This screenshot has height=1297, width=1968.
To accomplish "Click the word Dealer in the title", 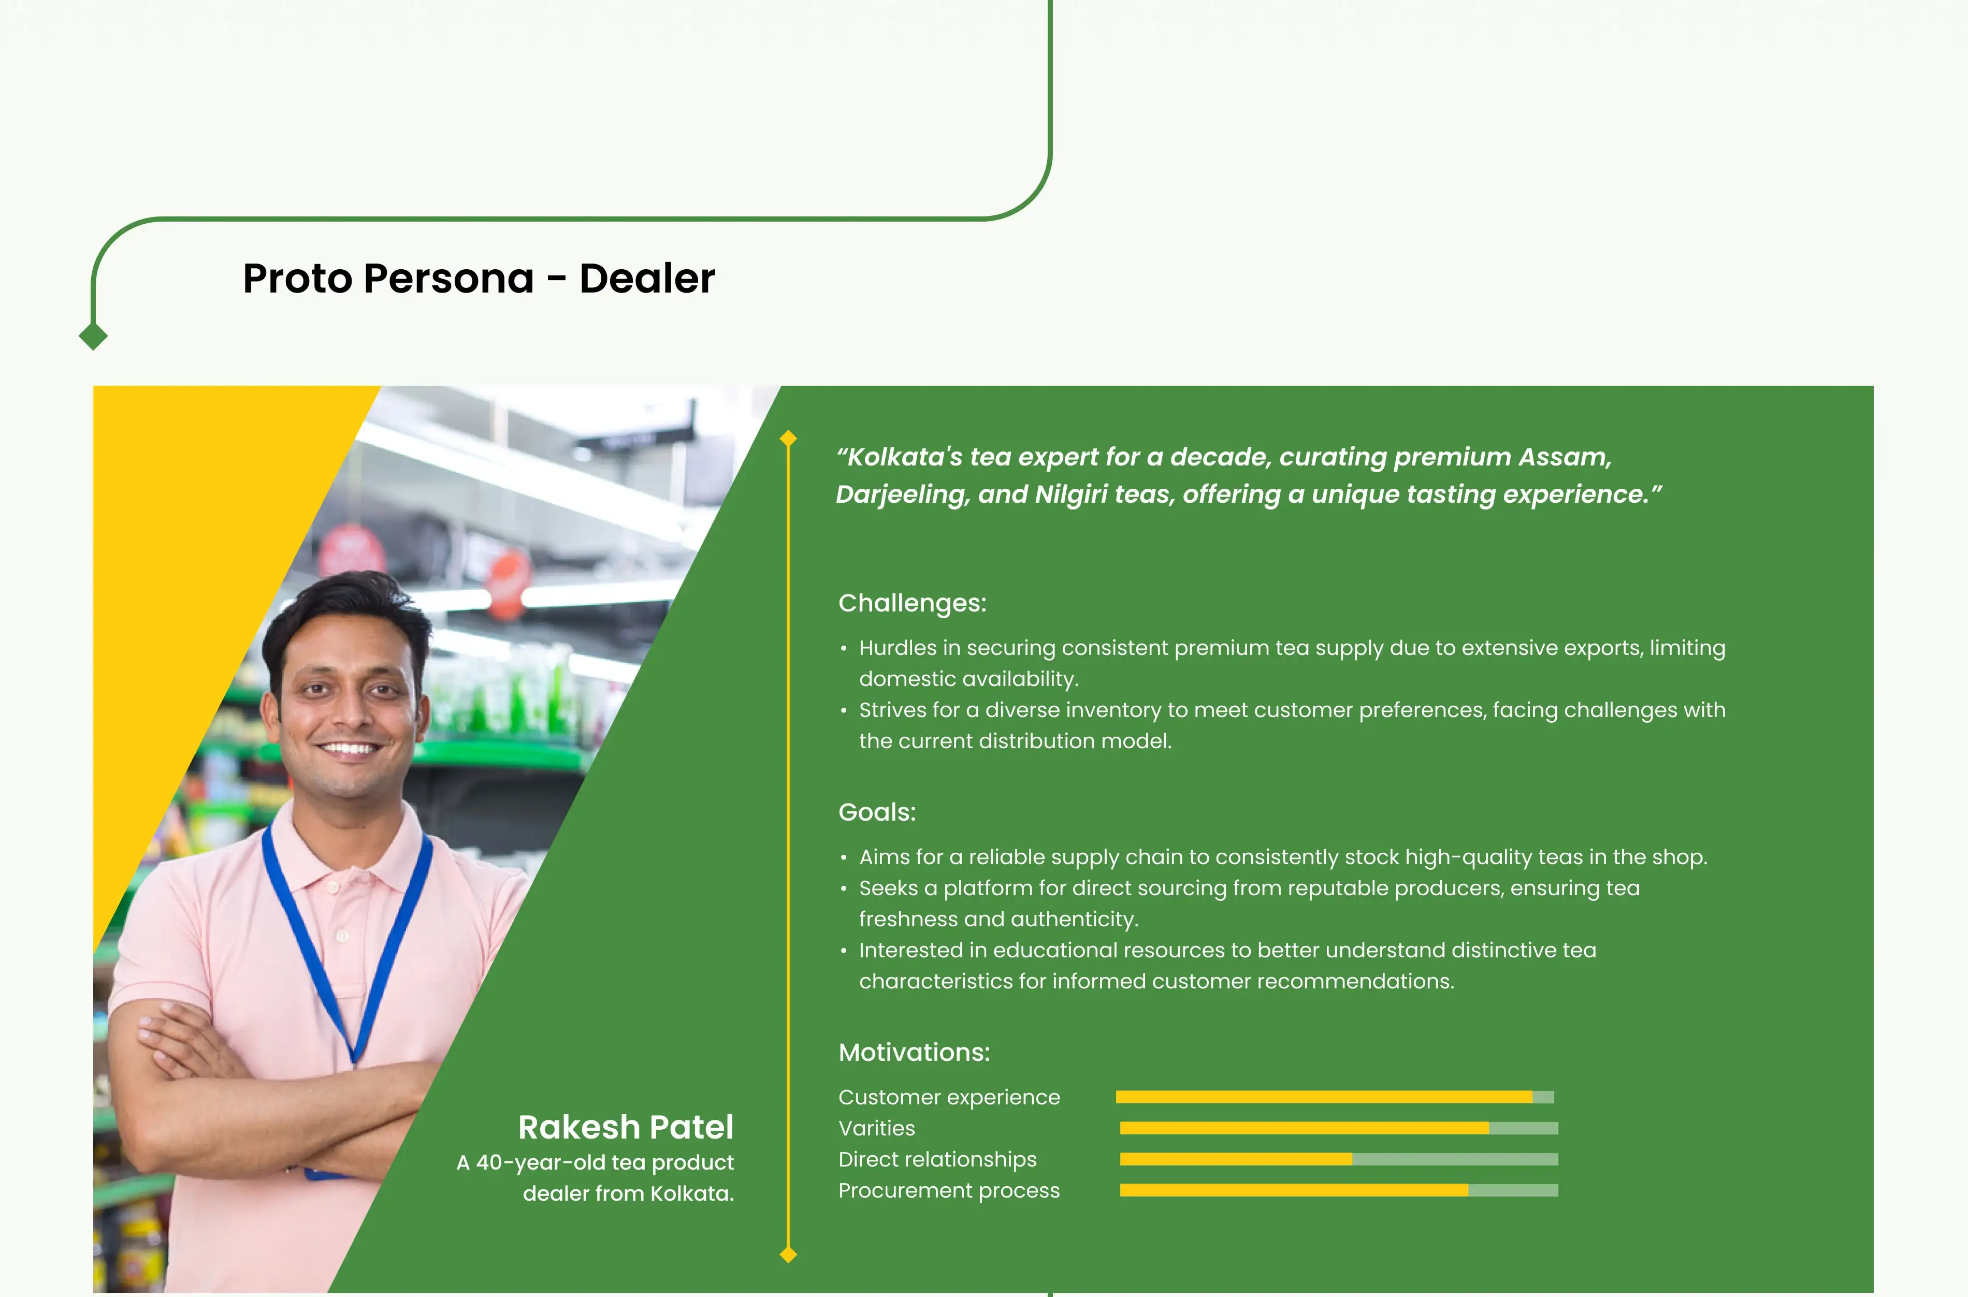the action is pos(647,278).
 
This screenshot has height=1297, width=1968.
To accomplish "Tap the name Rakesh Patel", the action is pos(626,1127).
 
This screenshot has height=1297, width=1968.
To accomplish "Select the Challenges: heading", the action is pos(913,603).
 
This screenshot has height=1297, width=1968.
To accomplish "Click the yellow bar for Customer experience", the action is pos(1324,1097).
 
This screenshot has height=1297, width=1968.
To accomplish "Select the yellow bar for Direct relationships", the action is pos(1236,1159).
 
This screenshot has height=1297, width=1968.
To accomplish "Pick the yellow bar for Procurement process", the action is pos(1294,1190).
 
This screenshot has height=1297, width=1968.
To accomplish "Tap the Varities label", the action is pos(877,1128).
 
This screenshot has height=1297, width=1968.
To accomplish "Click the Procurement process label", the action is pos(949,1190).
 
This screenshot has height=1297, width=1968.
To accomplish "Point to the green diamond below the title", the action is pos(93,336).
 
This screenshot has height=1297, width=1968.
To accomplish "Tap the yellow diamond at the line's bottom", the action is pos(788,1255).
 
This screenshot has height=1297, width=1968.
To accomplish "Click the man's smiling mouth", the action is pos(349,749).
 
